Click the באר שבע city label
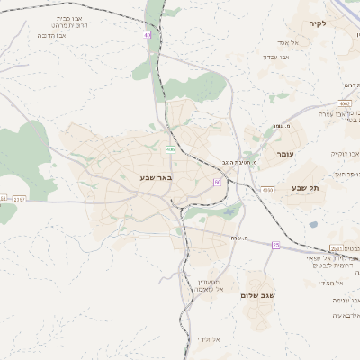(155, 178)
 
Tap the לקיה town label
(317, 23)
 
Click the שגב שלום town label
(256, 294)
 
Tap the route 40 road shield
(147, 35)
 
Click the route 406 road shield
(170, 148)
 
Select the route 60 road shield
(217, 182)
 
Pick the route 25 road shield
(275, 245)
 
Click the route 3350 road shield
(267, 190)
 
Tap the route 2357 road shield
(20, 198)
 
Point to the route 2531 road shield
(336, 248)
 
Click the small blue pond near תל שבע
(313, 224)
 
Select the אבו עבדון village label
(275, 57)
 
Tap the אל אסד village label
(275, 42)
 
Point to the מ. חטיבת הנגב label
(236, 163)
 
